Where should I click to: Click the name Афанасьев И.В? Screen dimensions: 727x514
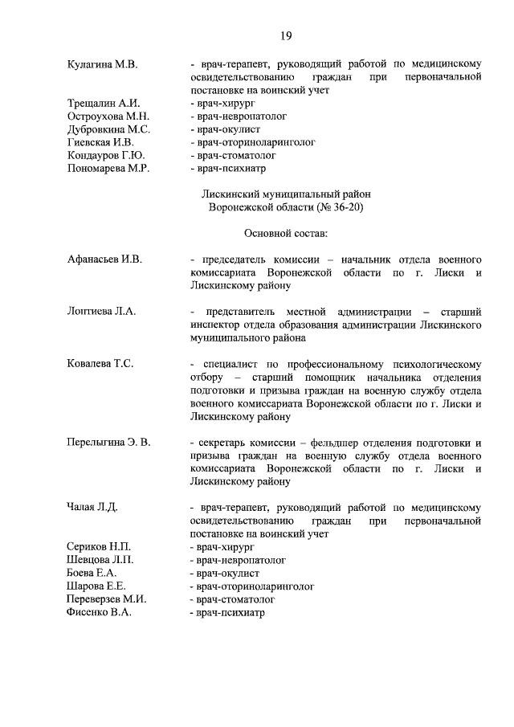tap(104, 259)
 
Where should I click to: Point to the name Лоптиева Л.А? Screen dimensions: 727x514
tap(101, 312)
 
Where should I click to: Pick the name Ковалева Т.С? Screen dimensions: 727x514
tap(100, 364)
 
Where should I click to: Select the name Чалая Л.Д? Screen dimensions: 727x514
tap(94, 508)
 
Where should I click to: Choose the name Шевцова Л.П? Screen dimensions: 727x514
tap(100, 560)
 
